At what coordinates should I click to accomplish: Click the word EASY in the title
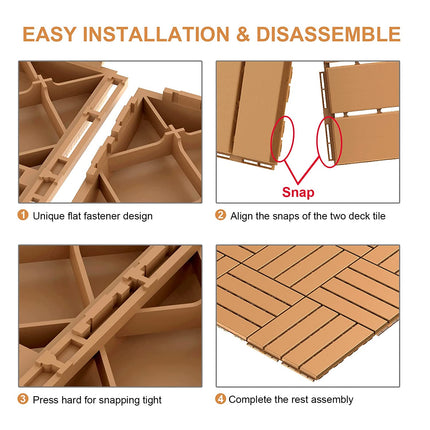click(x=55, y=34)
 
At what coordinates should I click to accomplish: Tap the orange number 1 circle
click(x=23, y=215)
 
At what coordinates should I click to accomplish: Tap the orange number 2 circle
click(x=220, y=215)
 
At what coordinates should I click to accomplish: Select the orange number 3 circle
click(x=23, y=399)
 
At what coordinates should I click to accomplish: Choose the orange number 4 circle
click(x=220, y=399)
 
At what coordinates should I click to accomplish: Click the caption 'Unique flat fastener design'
click(x=92, y=215)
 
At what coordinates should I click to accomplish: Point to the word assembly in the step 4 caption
click(x=333, y=399)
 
